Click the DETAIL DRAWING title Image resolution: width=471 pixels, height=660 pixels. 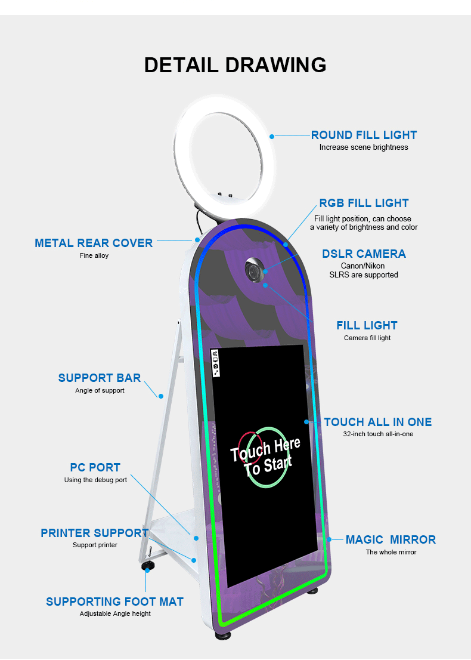coord(235,64)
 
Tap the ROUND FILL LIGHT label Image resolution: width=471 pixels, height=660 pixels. coord(364,135)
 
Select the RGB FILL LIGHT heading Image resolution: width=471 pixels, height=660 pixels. coord(364,203)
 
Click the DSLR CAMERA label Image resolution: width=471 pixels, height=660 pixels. coord(364,254)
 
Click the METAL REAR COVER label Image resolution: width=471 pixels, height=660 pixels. coord(94,243)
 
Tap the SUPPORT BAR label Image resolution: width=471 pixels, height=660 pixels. coord(100,378)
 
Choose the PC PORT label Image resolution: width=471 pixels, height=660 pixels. coord(95,467)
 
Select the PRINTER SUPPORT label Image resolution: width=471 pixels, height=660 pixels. coord(95,533)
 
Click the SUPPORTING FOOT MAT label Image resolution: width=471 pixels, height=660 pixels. coord(114,602)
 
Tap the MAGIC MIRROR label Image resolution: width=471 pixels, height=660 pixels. coord(391,539)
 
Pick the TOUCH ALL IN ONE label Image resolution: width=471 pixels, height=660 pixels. coord(378,422)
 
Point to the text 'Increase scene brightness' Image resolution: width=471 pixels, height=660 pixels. coord(364,147)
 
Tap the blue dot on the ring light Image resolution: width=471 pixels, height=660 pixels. coord(272,136)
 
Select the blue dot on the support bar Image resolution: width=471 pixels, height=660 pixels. coord(160,395)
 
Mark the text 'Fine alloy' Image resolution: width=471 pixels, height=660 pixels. coord(94,256)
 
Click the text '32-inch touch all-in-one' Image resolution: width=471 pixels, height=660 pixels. coord(378,434)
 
